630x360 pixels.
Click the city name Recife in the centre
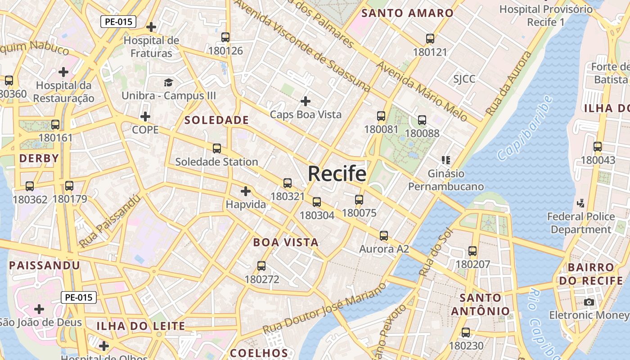click(337, 173)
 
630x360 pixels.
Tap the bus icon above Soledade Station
click(217, 148)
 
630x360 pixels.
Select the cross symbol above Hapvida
click(245, 191)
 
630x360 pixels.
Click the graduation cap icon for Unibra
click(168, 82)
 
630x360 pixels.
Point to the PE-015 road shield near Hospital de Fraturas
click(118, 21)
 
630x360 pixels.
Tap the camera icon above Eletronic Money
click(589, 302)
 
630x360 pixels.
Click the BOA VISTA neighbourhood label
click(286, 242)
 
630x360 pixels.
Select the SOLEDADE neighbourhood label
click(216, 120)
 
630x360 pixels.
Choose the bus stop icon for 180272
click(261, 266)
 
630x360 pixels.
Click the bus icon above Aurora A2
click(383, 235)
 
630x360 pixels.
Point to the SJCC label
click(464, 79)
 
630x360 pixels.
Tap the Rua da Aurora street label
click(509, 83)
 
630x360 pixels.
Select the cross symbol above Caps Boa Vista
click(306, 101)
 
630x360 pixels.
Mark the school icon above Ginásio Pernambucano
click(446, 160)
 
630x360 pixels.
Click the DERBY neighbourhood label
click(39, 158)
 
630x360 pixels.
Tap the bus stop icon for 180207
click(472, 251)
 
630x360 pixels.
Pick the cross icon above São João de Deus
click(40, 309)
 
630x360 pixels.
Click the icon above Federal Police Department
click(580, 203)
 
